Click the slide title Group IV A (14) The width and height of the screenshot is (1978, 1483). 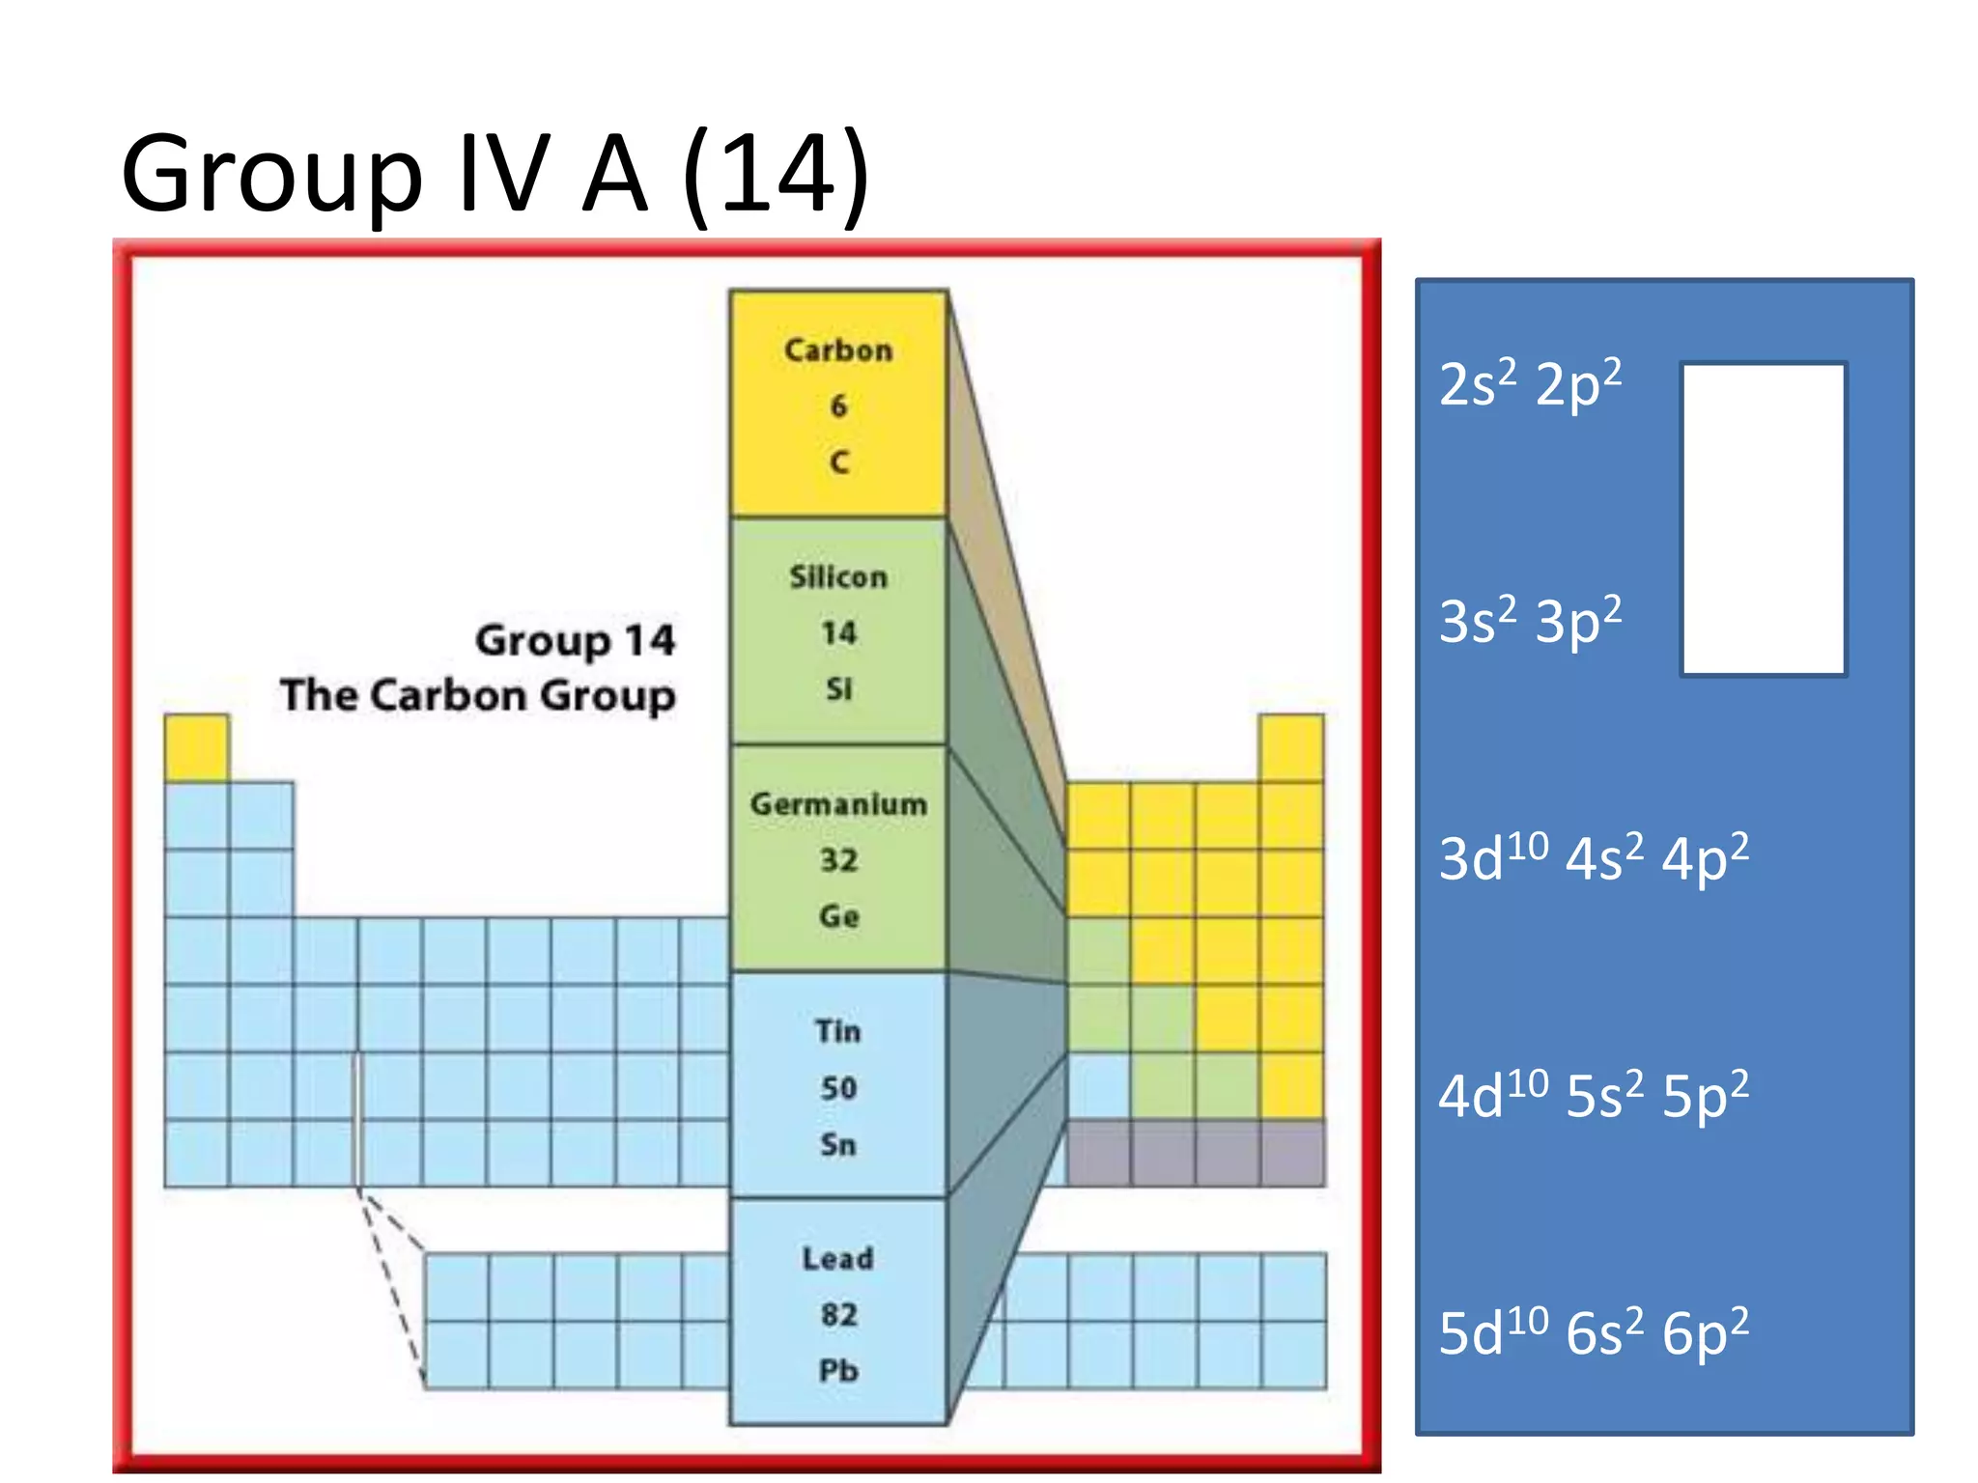pyautogui.click(x=495, y=175)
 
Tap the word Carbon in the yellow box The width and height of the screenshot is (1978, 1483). pyautogui.click(x=838, y=350)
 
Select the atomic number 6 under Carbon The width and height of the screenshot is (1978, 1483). pyautogui.click(x=838, y=406)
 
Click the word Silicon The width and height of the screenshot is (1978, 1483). pyautogui.click(x=838, y=577)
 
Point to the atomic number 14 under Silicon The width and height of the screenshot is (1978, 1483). pyautogui.click(x=838, y=633)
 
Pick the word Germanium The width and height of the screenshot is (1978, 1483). pyautogui.click(x=838, y=804)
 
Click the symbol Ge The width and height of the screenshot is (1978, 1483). pyautogui.click(x=838, y=916)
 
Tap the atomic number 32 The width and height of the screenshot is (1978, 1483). pyautogui.click(x=838, y=860)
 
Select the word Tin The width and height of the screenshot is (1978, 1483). pyautogui.click(x=837, y=1031)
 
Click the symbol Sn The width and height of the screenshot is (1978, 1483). pyautogui.click(x=838, y=1145)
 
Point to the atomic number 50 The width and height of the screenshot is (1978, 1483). pyautogui.click(x=838, y=1089)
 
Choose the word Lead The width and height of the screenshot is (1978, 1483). pyautogui.click(x=838, y=1259)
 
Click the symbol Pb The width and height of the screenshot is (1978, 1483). pyautogui.click(x=838, y=1371)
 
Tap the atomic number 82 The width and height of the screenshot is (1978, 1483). pyautogui.click(x=838, y=1315)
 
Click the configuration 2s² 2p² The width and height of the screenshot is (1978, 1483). pyautogui.click(x=1530, y=384)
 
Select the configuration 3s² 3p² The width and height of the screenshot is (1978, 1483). pyautogui.click(x=1530, y=621)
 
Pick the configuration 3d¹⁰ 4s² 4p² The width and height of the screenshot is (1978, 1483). pyautogui.click(x=1594, y=857)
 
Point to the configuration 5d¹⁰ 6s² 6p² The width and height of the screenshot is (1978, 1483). pyautogui.click(x=1594, y=1332)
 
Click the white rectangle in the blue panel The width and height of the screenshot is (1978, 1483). pyautogui.click(x=1764, y=519)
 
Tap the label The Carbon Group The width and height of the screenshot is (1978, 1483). pyautogui.click(x=478, y=695)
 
